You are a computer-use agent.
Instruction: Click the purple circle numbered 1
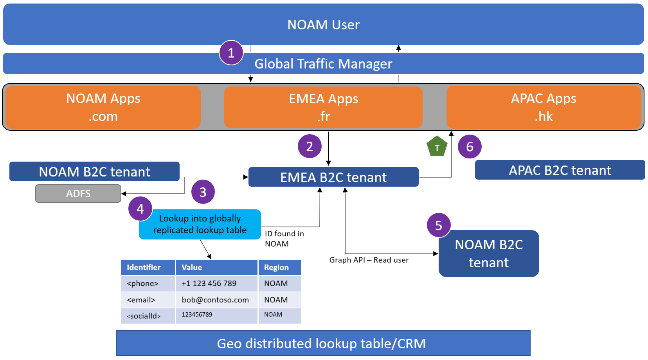click(x=231, y=52)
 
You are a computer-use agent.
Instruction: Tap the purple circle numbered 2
click(x=310, y=146)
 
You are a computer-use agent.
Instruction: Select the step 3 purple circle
click(x=203, y=192)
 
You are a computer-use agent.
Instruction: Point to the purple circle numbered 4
click(x=140, y=209)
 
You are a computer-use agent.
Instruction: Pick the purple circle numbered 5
click(x=439, y=225)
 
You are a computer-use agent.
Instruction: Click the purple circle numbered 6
click(x=470, y=147)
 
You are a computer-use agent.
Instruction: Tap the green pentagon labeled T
click(x=437, y=147)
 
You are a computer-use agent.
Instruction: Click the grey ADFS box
click(x=78, y=193)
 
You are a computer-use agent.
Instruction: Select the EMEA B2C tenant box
click(x=333, y=177)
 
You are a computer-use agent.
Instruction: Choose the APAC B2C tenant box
click(x=560, y=170)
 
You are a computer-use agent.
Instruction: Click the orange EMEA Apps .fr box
click(x=323, y=107)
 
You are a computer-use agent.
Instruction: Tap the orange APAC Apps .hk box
click(x=544, y=107)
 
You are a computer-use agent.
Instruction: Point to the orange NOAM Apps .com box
click(x=103, y=107)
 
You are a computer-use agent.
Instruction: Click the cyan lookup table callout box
click(x=200, y=224)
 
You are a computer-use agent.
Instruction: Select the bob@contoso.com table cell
click(x=215, y=300)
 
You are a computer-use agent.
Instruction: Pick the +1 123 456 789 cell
click(x=209, y=283)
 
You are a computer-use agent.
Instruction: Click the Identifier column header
click(x=144, y=267)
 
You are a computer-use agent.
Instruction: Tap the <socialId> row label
click(x=144, y=316)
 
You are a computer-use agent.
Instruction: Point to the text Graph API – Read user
click(x=369, y=260)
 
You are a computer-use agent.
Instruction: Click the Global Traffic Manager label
click(x=323, y=64)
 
